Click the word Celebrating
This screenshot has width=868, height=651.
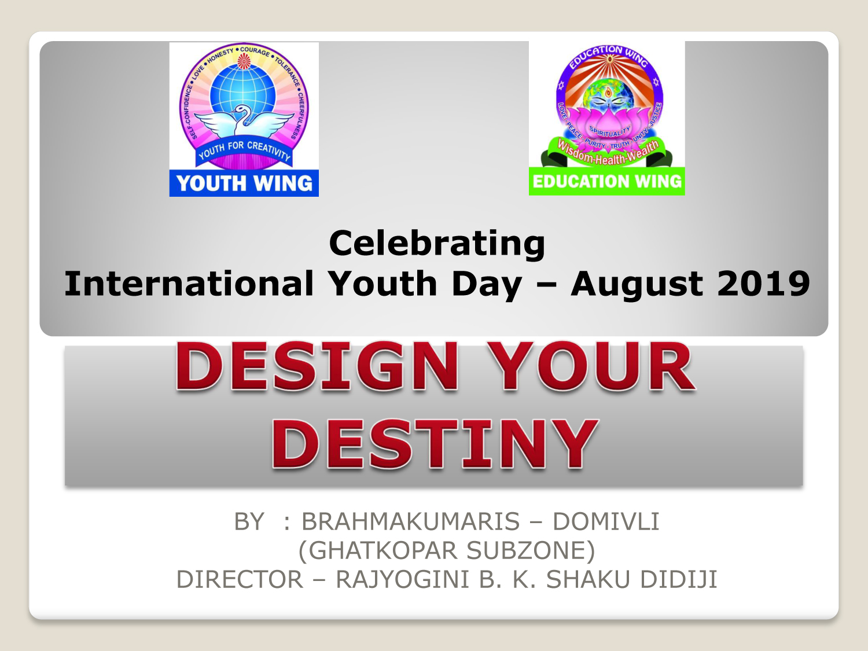437,244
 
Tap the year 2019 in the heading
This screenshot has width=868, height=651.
763,284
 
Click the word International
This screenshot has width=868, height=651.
189,284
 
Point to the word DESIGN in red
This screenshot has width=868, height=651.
317,366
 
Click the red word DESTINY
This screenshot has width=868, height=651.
435,444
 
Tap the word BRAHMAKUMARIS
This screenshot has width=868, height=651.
410,521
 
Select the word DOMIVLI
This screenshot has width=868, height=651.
606,521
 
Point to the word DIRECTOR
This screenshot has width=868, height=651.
240,579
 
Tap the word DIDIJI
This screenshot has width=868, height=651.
679,579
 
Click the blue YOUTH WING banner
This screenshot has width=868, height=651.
244,183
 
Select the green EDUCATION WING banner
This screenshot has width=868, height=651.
607,182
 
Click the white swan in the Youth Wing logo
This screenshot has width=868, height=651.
244,121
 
